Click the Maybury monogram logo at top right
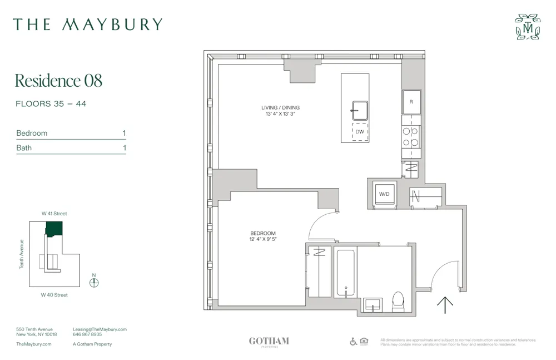tap(527, 27)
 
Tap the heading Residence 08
tap(58, 81)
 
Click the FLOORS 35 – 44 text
tap(51, 104)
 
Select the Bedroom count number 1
tap(124, 133)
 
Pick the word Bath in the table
tap(24, 148)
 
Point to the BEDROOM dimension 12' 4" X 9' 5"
tap(263, 239)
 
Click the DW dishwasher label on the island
tap(360, 132)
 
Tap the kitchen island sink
tap(359, 110)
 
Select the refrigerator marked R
tap(411, 102)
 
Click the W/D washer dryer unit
tap(384, 194)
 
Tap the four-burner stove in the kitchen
tap(411, 137)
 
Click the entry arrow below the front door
tap(445, 304)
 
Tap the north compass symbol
tap(94, 282)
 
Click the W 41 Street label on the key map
tap(54, 214)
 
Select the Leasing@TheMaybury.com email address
tap(100, 329)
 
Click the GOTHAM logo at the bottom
tap(269, 341)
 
